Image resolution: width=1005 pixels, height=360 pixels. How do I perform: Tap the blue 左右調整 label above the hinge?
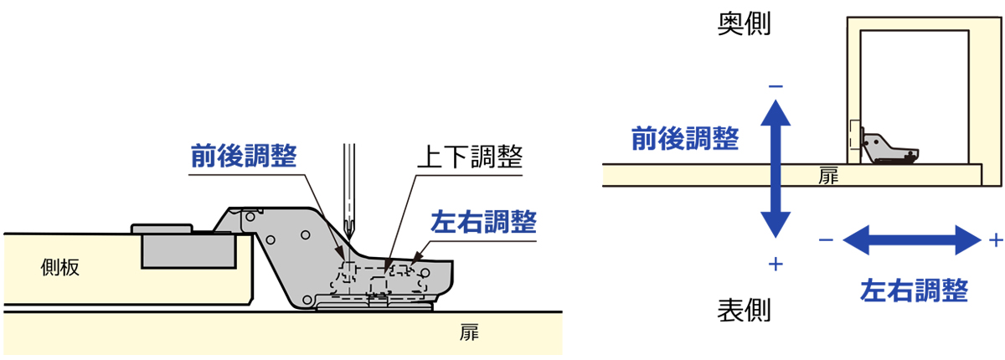pos(483,223)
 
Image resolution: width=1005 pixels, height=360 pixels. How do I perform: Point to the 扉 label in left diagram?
pos(469,332)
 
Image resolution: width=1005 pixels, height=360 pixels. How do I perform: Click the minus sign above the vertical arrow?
pos(776,85)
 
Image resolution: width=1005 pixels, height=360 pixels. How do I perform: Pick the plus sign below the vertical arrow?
pos(776,265)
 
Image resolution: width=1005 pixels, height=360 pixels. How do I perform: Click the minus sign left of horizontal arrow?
pos(826,240)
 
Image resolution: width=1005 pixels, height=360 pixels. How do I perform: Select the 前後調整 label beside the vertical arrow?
pos(684,138)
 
